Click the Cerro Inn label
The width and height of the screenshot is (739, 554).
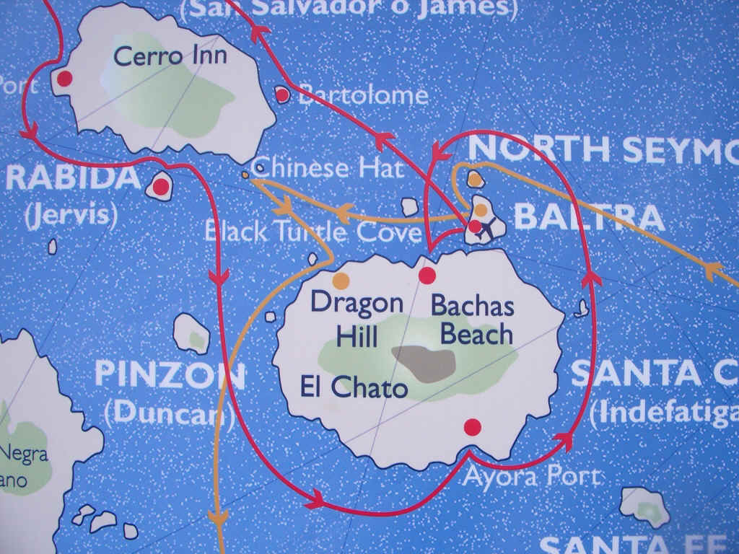[x=170, y=56]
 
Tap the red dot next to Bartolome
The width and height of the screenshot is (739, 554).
[x=282, y=94]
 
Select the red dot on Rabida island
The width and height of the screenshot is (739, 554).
[x=160, y=188]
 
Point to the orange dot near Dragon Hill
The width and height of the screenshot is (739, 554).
[x=341, y=280]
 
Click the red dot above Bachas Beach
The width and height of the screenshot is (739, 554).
[x=427, y=276]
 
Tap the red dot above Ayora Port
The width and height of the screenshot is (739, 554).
[x=472, y=427]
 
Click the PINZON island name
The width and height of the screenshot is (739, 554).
[x=170, y=374]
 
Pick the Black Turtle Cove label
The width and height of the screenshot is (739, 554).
[x=312, y=232]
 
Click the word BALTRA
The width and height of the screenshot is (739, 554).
[x=590, y=217]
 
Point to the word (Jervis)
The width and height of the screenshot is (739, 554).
[x=71, y=215]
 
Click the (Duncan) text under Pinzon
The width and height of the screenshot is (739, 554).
[x=169, y=412]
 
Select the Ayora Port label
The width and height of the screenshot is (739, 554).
[x=531, y=476]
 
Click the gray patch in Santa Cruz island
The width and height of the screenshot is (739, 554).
[x=424, y=364]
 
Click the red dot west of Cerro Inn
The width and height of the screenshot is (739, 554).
[x=64, y=79]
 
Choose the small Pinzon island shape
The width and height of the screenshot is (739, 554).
[x=193, y=334]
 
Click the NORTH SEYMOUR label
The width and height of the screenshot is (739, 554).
[x=603, y=149]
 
